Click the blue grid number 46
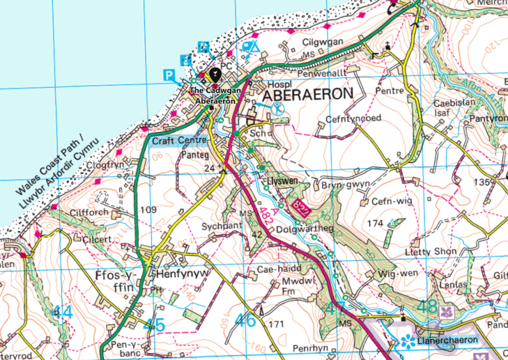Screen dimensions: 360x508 click(x=245, y=320)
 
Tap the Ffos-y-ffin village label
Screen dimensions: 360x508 click(x=114, y=281)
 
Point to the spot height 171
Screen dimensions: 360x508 click(x=277, y=324)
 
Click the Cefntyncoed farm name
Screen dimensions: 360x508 click(x=353, y=119)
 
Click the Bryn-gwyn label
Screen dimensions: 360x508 click(x=338, y=185)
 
